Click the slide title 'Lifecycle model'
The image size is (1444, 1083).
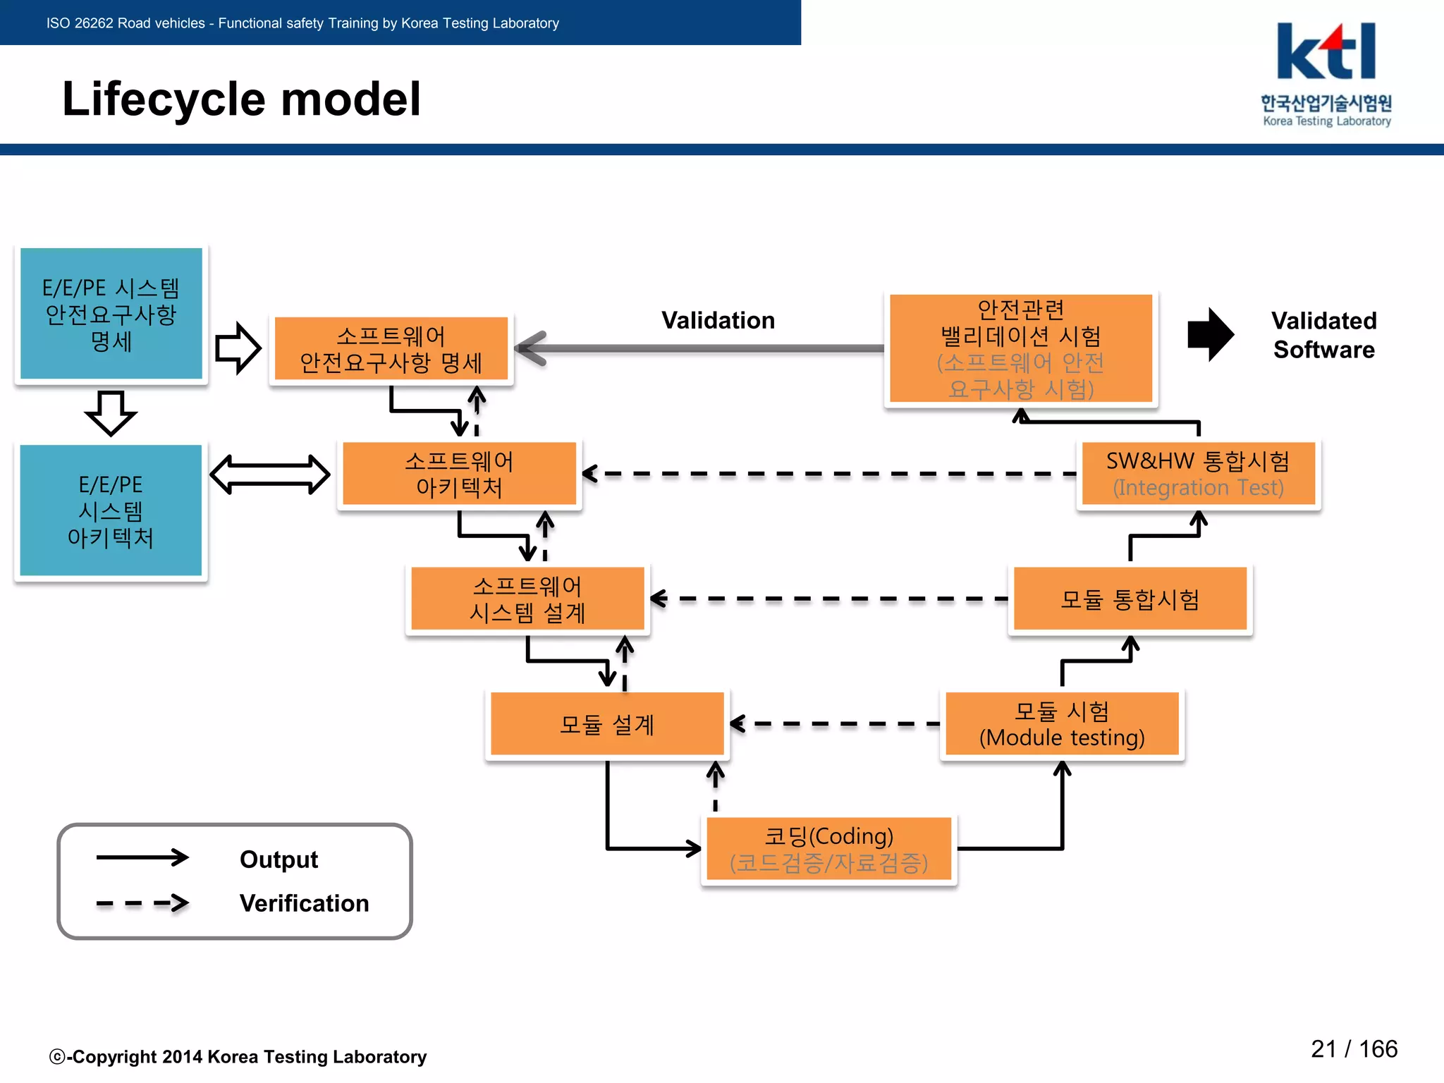pyautogui.click(x=241, y=99)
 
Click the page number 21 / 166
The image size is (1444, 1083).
pyautogui.click(x=1353, y=1049)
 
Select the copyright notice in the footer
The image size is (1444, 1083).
pyautogui.click(x=238, y=1057)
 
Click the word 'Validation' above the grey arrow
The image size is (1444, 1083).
pyautogui.click(x=718, y=320)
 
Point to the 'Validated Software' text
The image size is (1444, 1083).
pyautogui.click(x=1323, y=335)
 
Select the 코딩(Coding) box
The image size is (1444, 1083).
pyautogui.click(x=828, y=849)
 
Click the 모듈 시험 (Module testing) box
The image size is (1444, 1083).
pyautogui.click(x=1061, y=724)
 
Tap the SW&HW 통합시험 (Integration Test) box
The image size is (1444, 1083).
pyautogui.click(x=1197, y=474)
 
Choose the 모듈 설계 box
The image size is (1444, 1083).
pyautogui.click(x=606, y=724)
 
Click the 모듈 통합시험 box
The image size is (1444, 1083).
pyautogui.click(x=1130, y=599)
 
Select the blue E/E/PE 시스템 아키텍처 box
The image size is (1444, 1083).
pyautogui.click(x=111, y=510)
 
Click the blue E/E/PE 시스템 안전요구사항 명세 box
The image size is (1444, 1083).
pyautogui.click(x=111, y=314)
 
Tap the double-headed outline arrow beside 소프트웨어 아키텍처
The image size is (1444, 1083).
pyautogui.click(x=270, y=475)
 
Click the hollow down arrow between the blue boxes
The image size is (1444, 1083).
pyautogui.click(x=111, y=412)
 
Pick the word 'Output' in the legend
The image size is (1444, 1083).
pyautogui.click(x=279, y=859)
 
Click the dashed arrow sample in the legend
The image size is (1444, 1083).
pyautogui.click(x=142, y=903)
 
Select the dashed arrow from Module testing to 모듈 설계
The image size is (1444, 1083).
pyautogui.click(x=836, y=724)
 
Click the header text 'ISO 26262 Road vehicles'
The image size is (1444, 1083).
pyautogui.click(x=126, y=23)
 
